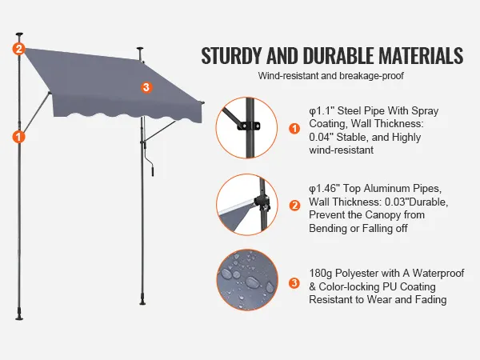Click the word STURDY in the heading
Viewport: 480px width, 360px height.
pos(232,56)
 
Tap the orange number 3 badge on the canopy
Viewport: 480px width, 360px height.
pos(146,87)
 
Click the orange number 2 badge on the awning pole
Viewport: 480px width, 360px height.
pos(18,49)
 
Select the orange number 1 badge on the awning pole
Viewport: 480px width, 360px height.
pos(18,137)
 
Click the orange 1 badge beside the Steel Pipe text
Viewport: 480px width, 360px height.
pos(294,128)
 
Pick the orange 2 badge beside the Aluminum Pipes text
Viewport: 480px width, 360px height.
pos(294,205)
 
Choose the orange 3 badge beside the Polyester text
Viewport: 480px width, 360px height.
pos(294,283)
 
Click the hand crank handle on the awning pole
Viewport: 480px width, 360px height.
pos(152,170)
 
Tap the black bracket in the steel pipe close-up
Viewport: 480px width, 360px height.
pos(249,126)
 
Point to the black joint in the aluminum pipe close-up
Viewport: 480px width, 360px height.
pos(262,203)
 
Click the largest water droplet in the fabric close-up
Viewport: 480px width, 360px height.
pos(253,282)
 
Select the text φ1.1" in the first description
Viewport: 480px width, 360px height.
pos(321,110)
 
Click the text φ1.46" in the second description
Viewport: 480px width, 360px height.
pos(324,188)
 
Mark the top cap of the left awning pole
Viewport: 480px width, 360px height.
pos(19,34)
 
